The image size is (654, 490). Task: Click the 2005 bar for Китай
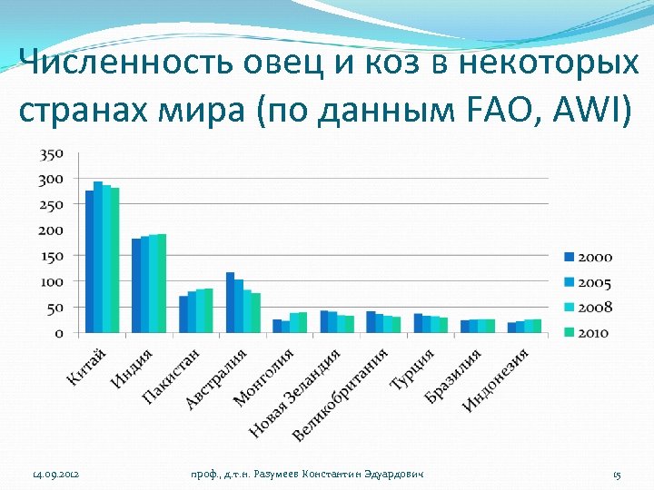(x=98, y=258)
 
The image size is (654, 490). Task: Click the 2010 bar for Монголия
(x=303, y=322)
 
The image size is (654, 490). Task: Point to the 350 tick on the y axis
(x=51, y=153)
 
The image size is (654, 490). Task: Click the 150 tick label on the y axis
(x=51, y=256)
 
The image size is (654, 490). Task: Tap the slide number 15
(x=617, y=475)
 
